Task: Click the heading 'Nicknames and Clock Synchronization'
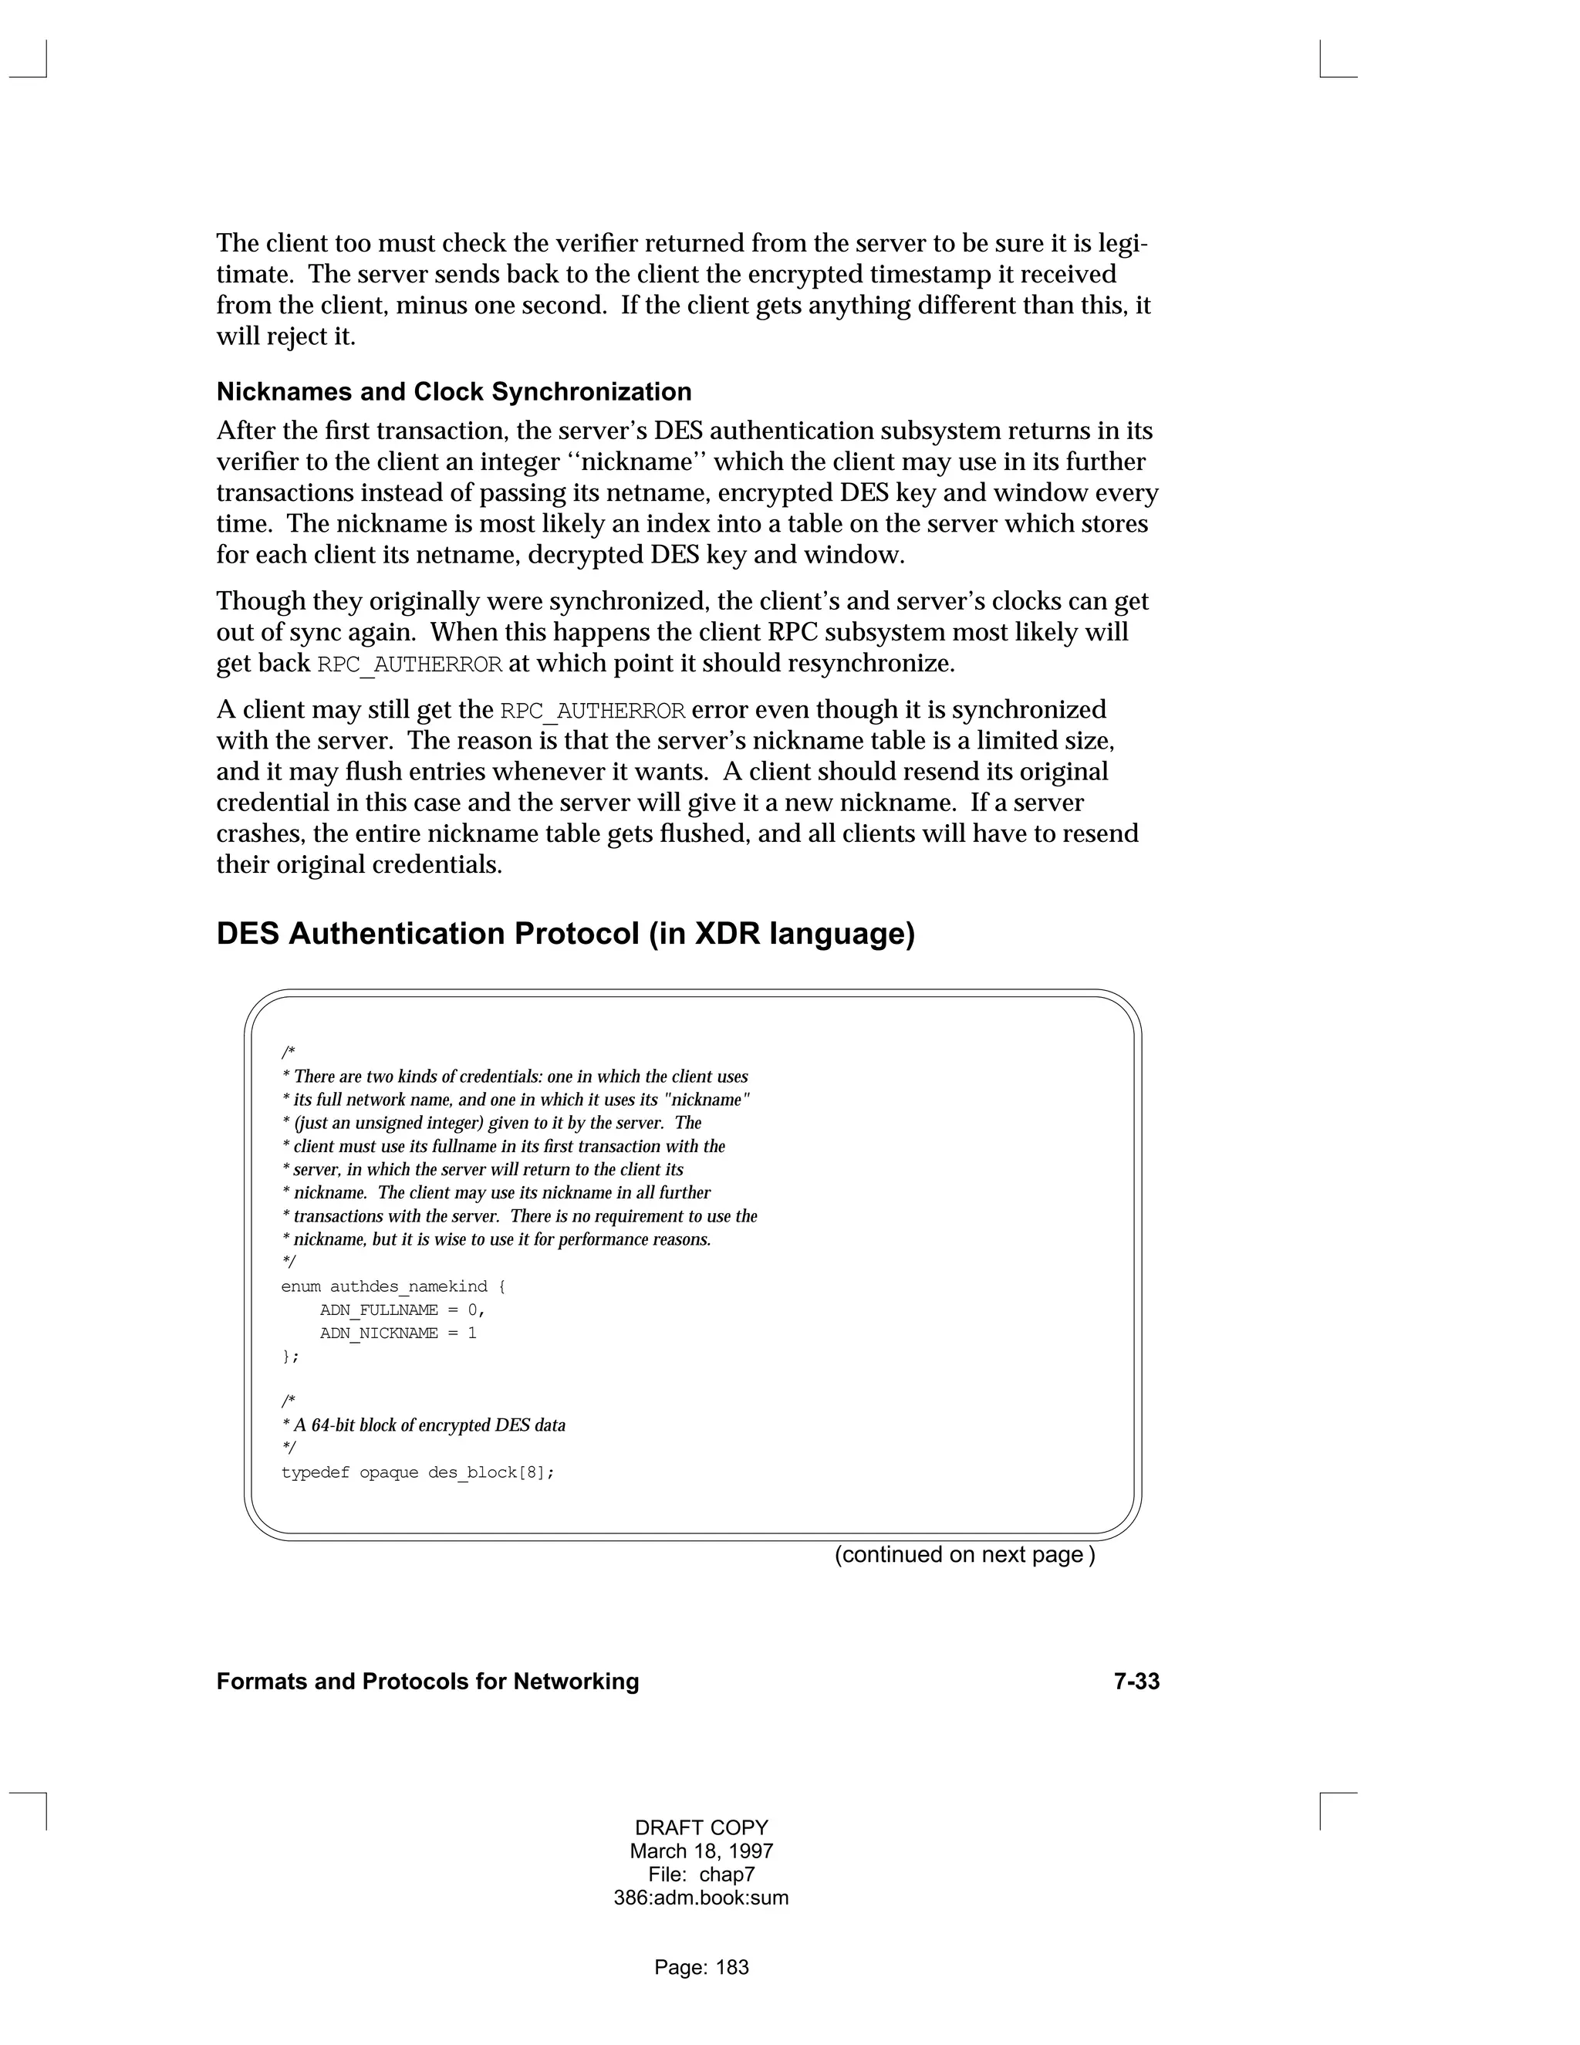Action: point(454,391)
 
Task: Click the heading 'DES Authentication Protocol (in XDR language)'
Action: point(565,934)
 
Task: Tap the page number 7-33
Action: point(1136,1681)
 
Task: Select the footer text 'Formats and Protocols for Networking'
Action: point(427,1681)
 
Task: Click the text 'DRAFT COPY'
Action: point(701,1827)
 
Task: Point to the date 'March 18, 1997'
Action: point(701,1851)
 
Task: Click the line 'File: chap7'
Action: point(701,1874)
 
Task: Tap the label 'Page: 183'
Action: point(701,1967)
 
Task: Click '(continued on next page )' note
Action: point(964,1554)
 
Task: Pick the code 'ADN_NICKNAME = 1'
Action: point(398,1333)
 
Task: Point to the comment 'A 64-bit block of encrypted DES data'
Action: point(429,1425)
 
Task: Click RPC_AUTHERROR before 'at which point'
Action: point(410,664)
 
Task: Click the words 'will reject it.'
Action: point(285,336)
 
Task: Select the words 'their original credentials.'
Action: point(360,864)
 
